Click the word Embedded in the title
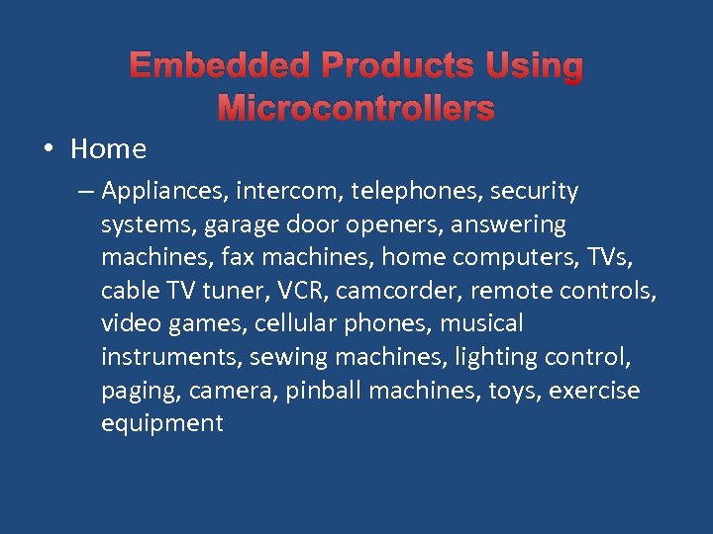tap(220, 67)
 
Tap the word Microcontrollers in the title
tap(356, 108)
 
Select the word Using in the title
tap(535, 67)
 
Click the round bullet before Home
tap(49, 149)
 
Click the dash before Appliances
tap(84, 191)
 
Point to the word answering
tap(508, 224)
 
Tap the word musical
tap(481, 324)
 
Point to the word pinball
tap(321, 392)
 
